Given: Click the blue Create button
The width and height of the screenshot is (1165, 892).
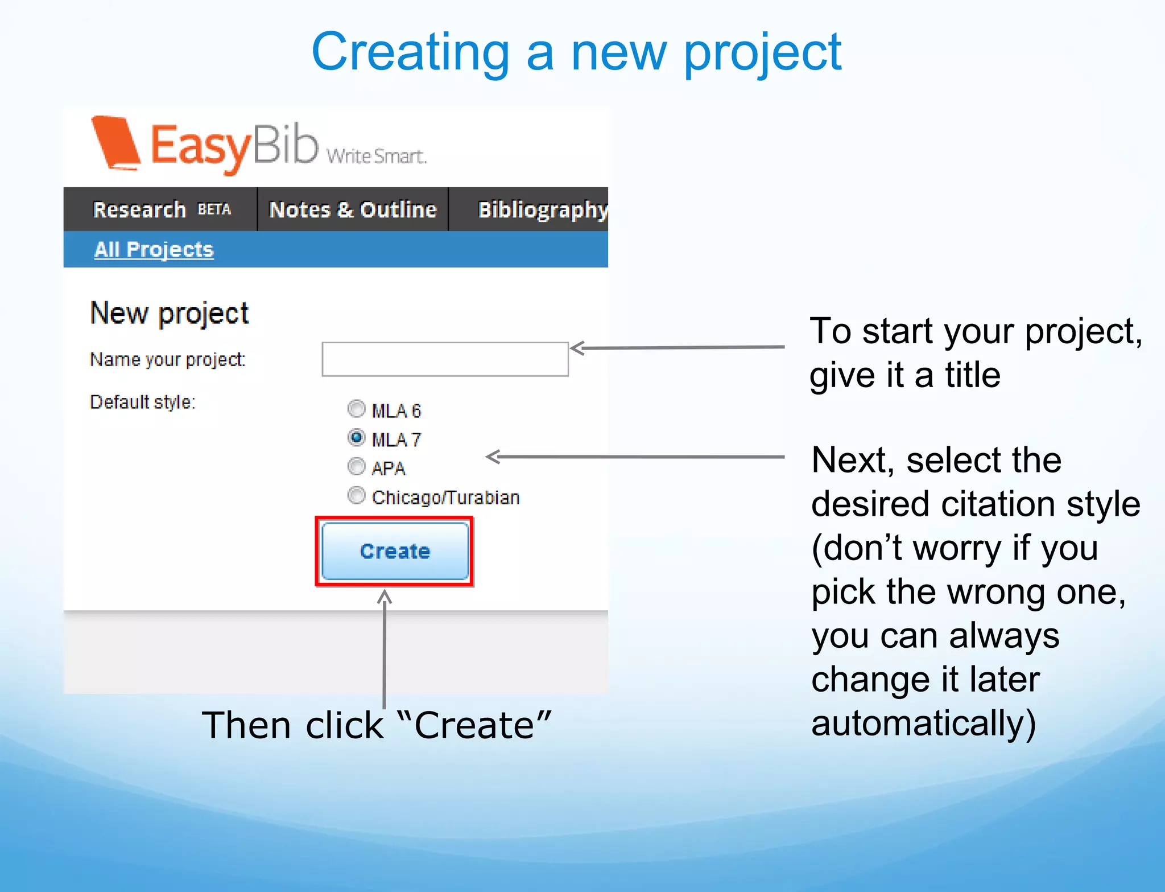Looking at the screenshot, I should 395,551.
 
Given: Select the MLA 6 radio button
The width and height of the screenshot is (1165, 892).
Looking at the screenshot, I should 356,409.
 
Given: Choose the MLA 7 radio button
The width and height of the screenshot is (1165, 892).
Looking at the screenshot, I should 356,438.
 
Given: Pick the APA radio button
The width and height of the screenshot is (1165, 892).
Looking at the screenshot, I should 356,467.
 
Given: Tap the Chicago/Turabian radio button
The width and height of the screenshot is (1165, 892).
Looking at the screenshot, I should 356,496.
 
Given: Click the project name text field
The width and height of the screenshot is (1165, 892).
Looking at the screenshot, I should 445,359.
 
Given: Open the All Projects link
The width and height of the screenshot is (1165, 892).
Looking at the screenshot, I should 154,249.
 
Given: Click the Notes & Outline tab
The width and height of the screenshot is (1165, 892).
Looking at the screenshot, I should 353,209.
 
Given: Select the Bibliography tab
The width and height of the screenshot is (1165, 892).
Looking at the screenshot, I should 542,209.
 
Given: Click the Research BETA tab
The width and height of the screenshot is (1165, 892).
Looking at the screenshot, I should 162,209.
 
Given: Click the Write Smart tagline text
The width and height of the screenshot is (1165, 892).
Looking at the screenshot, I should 376,156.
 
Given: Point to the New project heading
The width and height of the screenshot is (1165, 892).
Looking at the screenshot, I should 170,313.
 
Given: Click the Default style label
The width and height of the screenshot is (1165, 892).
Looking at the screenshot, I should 142,402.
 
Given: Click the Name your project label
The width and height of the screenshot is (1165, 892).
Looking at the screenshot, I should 167,360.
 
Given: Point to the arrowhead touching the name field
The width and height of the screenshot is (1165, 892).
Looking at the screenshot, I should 577,348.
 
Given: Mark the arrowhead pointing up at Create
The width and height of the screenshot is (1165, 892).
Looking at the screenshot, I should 385,597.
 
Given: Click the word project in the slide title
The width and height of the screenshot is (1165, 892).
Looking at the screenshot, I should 762,53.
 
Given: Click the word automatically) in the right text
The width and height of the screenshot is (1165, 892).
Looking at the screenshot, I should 923,723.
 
